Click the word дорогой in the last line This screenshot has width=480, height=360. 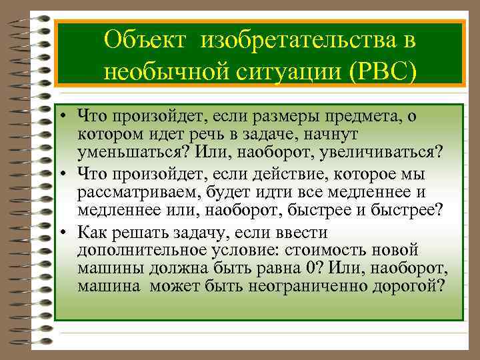(x=409, y=287)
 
